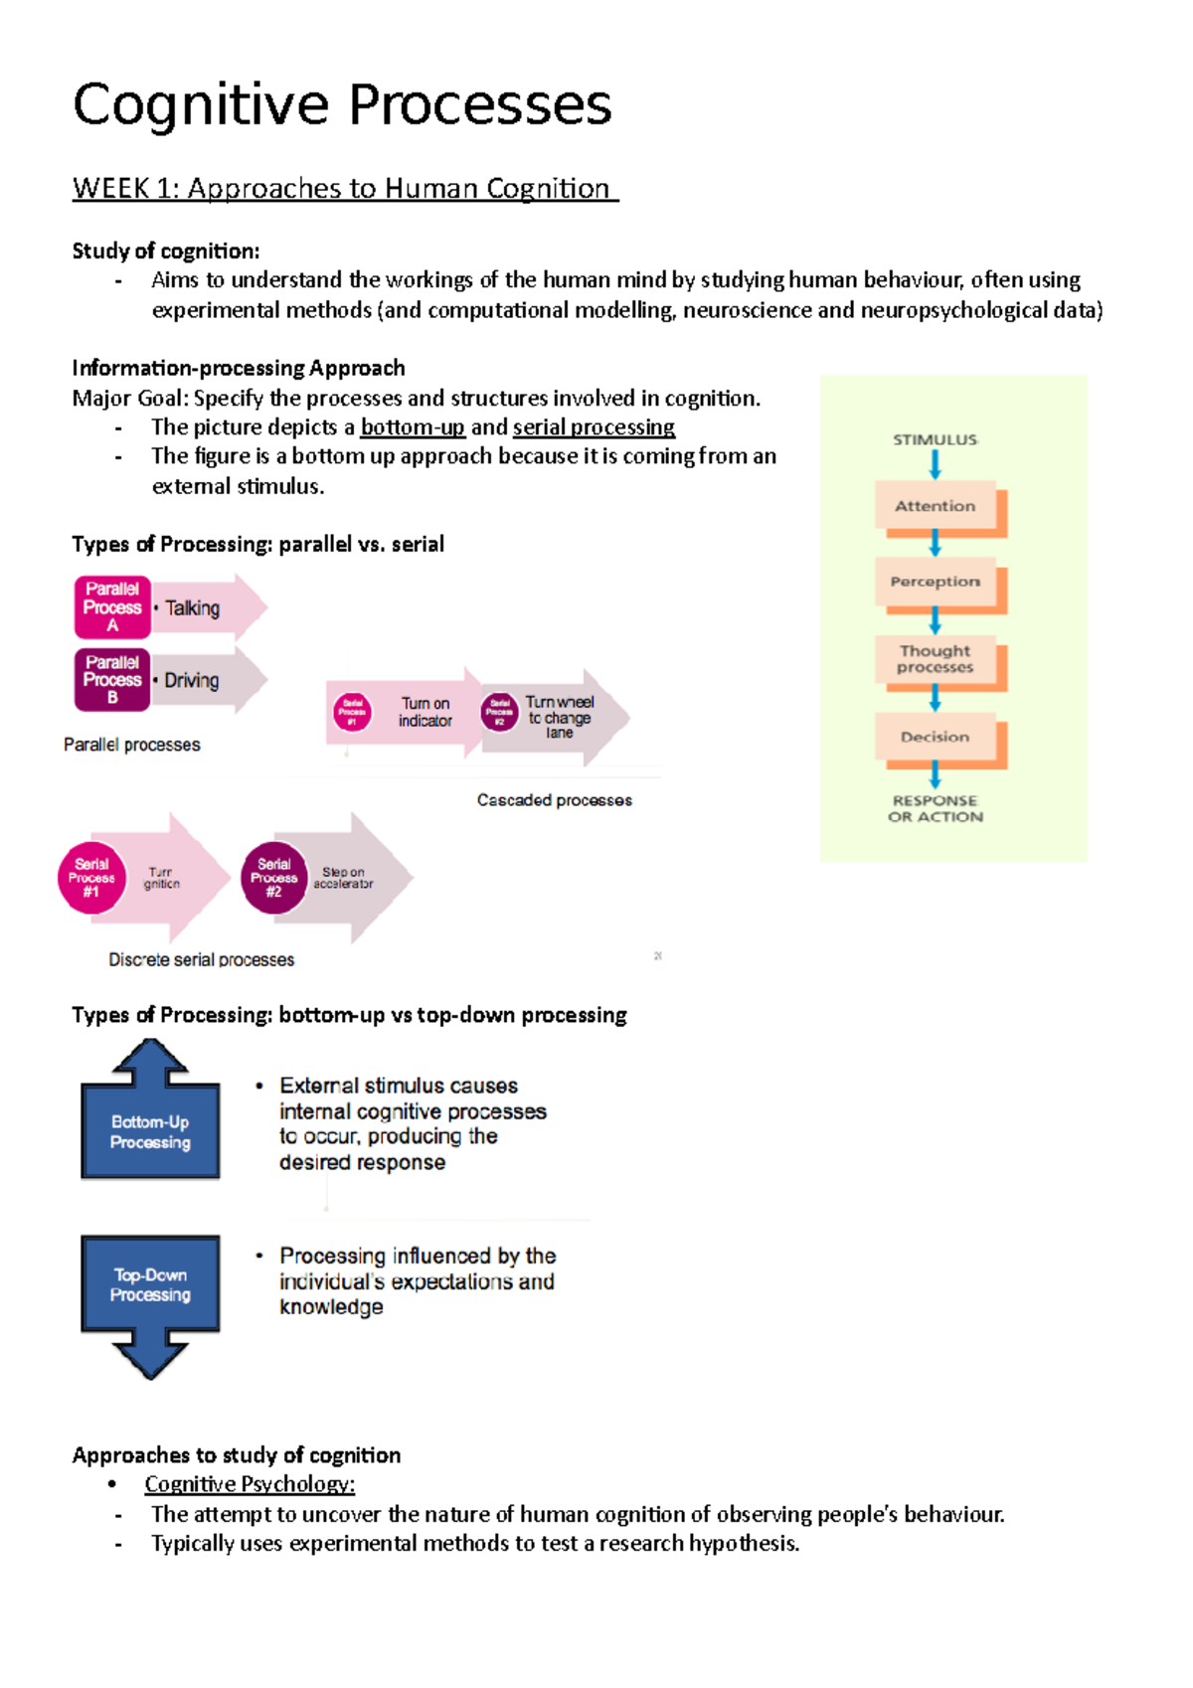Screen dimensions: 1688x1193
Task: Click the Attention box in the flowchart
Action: [x=936, y=506]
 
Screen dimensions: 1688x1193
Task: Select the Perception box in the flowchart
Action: [x=936, y=582]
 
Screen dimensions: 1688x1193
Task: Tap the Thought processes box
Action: [x=936, y=659]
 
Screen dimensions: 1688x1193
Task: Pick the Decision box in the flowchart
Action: [x=936, y=737]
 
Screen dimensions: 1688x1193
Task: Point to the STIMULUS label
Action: [x=936, y=439]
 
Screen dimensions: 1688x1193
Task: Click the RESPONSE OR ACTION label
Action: [x=936, y=808]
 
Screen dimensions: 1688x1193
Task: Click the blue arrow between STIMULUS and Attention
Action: [x=936, y=464]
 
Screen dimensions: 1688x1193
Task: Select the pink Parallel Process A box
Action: [x=112, y=606]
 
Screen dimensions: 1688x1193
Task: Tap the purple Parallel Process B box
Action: [x=112, y=680]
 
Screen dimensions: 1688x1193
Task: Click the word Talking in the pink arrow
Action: [x=193, y=608]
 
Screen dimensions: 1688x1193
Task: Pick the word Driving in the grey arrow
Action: [x=192, y=681]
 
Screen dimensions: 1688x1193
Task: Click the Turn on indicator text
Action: [x=426, y=712]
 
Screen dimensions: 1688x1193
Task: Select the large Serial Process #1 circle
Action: [x=91, y=878]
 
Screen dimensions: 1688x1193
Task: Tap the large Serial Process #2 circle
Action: [x=274, y=878]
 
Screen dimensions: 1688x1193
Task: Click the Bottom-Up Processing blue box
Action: [x=150, y=1132]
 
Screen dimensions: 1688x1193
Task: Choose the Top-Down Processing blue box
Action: [x=150, y=1284]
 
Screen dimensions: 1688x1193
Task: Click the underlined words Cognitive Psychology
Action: [x=250, y=1484]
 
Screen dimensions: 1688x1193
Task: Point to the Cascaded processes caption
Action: [x=554, y=800]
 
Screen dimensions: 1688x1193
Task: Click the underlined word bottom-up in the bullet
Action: [x=413, y=427]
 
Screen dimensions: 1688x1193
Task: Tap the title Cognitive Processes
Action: [x=342, y=104]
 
